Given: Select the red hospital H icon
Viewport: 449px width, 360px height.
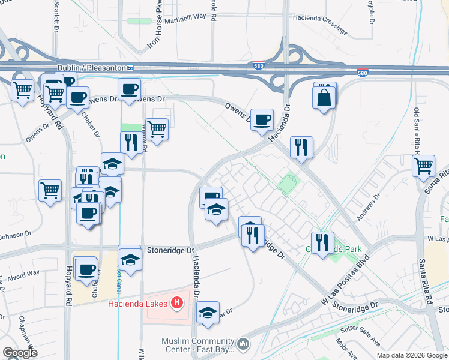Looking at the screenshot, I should (176, 303).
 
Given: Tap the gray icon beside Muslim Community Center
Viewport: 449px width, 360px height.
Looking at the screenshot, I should (243, 344).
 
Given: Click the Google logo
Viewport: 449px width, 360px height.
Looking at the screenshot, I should (20, 353).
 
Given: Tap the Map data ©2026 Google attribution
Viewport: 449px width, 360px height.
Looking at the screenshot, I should (412, 355).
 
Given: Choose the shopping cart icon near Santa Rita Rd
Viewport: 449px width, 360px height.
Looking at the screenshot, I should (423, 164).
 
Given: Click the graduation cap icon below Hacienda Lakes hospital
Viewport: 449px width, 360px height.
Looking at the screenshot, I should (208, 313).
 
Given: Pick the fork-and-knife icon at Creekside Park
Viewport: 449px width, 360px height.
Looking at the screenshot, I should (322, 242).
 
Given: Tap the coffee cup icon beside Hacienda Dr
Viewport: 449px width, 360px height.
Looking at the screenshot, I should (261, 119).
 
